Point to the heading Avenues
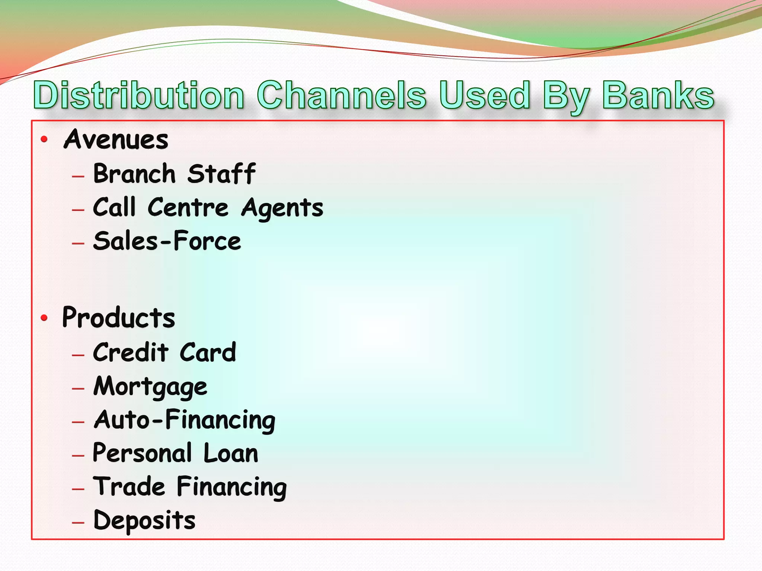pos(116,139)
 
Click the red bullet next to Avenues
pos(44,139)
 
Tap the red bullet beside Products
pos(44,318)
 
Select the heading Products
pos(118,318)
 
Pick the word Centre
pos(188,207)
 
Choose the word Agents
pos(282,208)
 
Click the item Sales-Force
pos(167,241)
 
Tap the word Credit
pos(131,352)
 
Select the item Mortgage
pos(150,387)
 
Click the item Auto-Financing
pos(185,420)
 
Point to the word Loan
pos(231,453)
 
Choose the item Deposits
pos(144,520)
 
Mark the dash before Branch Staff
pos(78,176)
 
